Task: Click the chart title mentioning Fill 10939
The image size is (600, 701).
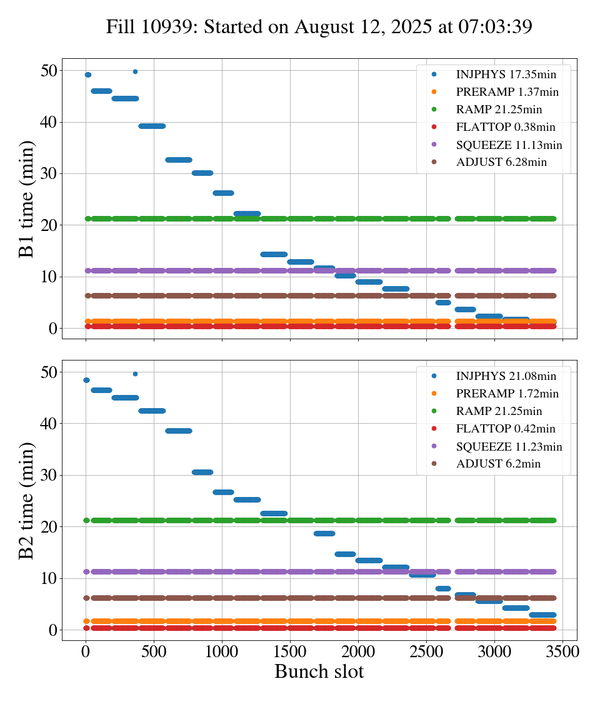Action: tap(319, 27)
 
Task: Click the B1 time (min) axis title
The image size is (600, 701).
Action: tap(26, 199)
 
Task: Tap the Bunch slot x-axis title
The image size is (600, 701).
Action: tap(319, 672)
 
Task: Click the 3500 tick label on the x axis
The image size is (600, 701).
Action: tap(562, 651)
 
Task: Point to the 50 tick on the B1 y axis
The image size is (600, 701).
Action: tap(48, 70)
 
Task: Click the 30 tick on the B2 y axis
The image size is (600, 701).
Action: tap(48, 475)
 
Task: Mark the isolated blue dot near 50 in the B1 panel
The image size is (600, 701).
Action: tap(135, 71)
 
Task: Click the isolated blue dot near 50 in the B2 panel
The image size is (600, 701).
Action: tap(135, 374)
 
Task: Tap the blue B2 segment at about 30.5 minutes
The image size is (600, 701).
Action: tap(202, 472)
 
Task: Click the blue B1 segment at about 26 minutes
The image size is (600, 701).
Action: tap(223, 193)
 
